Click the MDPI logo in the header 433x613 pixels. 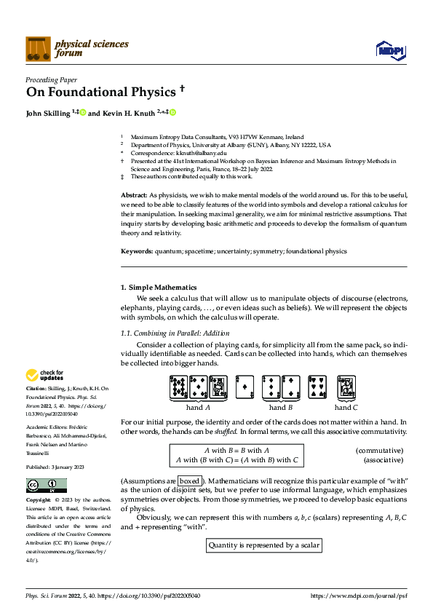tap(390, 49)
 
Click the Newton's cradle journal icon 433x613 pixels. tap(38, 49)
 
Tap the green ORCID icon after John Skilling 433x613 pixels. tap(83, 113)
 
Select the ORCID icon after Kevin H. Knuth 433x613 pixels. tap(173, 113)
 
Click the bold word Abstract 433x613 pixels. tap(133, 195)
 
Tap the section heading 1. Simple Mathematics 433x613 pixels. tap(158, 288)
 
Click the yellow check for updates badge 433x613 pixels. tap(44, 376)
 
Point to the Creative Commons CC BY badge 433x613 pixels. tap(46, 486)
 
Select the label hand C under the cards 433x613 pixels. tap(346, 408)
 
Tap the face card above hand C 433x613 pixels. tap(346, 388)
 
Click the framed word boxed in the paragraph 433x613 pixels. tap(189, 481)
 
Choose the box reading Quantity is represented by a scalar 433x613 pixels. tap(263, 545)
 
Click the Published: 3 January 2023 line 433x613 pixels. tap(55, 467)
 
